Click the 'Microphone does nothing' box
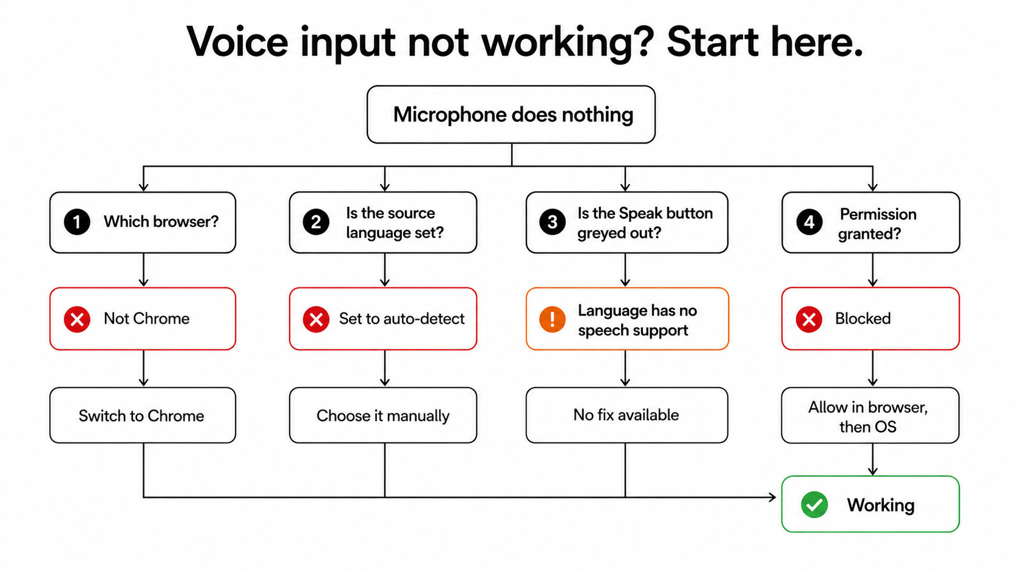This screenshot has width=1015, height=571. (511, 115)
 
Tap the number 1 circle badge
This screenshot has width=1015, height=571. (77, 222)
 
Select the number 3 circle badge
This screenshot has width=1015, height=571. (552, 222)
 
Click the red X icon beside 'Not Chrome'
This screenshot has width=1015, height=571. (77, 319)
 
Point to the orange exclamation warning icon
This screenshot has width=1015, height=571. (552, 319)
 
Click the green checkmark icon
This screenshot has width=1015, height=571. (814, 504)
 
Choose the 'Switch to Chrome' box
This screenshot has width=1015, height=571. (143, 415)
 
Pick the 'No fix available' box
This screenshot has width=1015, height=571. (627, 415)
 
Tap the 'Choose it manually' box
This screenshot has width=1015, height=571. (383, 415)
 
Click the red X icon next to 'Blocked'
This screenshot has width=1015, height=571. (809, 319)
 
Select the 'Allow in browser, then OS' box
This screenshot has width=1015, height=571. (871, 415)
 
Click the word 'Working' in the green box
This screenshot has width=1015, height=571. (880, 505)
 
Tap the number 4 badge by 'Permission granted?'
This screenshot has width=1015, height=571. (809, 222)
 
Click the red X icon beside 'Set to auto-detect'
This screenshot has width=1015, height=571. (316, 319)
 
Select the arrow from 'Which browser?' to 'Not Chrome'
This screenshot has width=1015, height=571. (144, 270)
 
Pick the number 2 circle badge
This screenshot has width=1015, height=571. (316, 222)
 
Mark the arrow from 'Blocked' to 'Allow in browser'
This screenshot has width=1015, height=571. (873, 368)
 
